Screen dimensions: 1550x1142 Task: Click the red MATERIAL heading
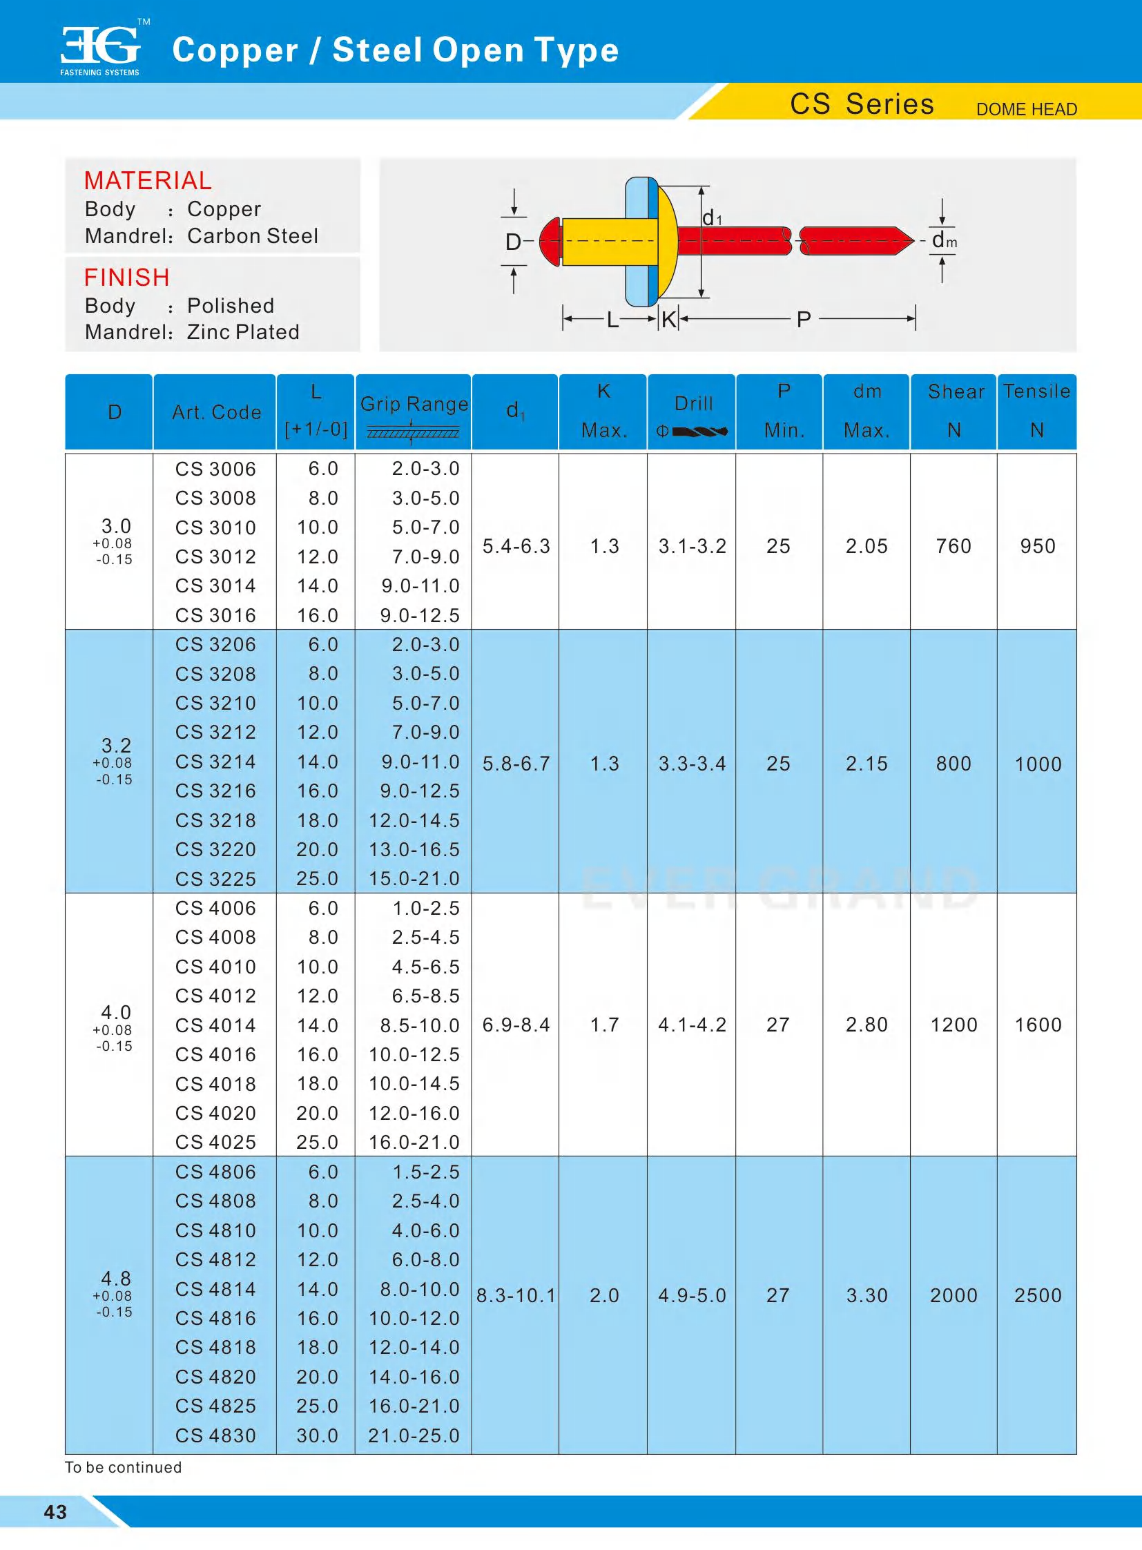pyautogui.click(x=147, y=180)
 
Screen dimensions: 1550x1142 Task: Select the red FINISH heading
pyautogui.click(x=126, y=278)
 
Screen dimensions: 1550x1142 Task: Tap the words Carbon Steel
pyautogui.click(x=252, y=236)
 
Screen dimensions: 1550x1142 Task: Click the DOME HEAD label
pyautogui.click(x=1026, y=109)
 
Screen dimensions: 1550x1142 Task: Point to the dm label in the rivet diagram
pyautogui.click(x=944, y=240)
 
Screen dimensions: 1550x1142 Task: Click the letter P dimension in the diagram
pyautogui.click(x=803, y=320)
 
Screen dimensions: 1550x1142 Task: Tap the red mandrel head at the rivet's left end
pyautogui.click(x=550, y=240)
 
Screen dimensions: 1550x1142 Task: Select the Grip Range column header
pyautogui.click(x=414, y=404)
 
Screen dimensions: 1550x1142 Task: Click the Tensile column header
pyautogui.click(x=1036, y=392)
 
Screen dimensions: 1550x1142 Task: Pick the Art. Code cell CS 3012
pyautogui.click(x=215, y=556)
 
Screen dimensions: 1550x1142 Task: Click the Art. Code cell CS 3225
pyautogui.click(x=215, y=879)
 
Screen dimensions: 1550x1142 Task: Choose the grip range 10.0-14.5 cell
pyautogui.click(x=414, y=1083)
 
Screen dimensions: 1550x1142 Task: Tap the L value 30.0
pyautogui.click(x=318, y=1435)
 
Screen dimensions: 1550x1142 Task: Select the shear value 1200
pyautogui.click(x=954, y=1025)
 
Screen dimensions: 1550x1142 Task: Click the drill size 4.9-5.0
pyautogui.click(x=692, y=1295)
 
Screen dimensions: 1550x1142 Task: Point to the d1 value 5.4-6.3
pyautogui.click(x=516, y=546)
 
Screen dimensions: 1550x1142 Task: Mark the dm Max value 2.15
pyautogui.click(x=867, y=763)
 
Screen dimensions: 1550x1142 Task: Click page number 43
pyautogui.click(x=55, y=1512)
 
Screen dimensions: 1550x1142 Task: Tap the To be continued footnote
pyautogui.click(x=123, y=1467)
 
